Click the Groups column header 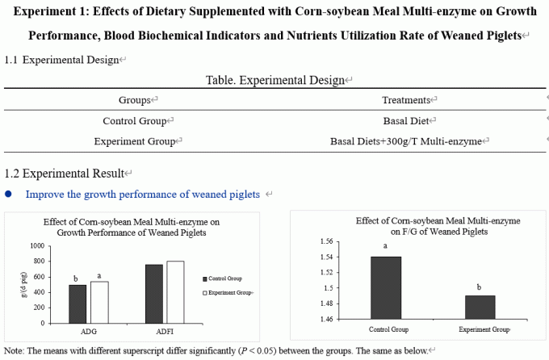click(135, 100)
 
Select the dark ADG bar click(78, 303)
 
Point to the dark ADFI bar click(154, 293)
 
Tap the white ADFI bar click(175, 291)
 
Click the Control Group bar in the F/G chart click(385, 287)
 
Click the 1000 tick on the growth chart click(36, 246)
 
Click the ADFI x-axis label click(165, 331)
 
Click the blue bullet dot click(9, 195)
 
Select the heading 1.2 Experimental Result click(65, 174)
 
